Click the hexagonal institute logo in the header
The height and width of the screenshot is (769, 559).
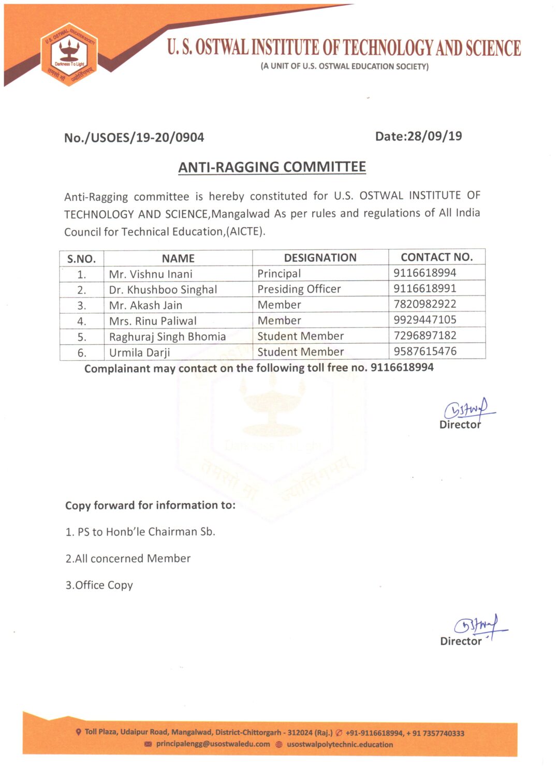click(x=69, y=54)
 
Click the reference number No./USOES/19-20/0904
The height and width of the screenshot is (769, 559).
click(x=134, y=138)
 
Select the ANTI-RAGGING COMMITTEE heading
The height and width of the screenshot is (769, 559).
click(x=272, y=167)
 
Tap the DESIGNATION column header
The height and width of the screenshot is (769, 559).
click(x=320, y=258)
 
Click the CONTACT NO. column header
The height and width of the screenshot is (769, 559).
click(x=436, y=257)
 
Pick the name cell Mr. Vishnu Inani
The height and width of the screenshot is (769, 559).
click(x=151, y=274)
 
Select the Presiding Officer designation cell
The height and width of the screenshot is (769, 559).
click(x=299, y=289)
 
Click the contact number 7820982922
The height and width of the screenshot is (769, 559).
click(x=425, y=304)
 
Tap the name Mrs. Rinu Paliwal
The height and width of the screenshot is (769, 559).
click(x=153, y=321)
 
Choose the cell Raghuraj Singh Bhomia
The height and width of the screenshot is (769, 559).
click(x=167, y=337)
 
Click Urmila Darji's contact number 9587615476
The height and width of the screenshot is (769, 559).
click(x=425, y=351)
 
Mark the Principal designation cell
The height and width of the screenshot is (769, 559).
click(x=279, y=273)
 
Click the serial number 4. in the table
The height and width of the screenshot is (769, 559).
click(x=82, y=321)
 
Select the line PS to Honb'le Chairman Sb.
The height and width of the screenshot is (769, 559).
click(x=140, y=532)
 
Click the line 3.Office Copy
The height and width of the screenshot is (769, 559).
click(x=99, y=585)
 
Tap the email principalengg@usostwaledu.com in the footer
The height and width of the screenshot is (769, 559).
click(x=213, y=744)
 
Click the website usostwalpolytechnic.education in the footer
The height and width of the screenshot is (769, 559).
click(x=340, y=745)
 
